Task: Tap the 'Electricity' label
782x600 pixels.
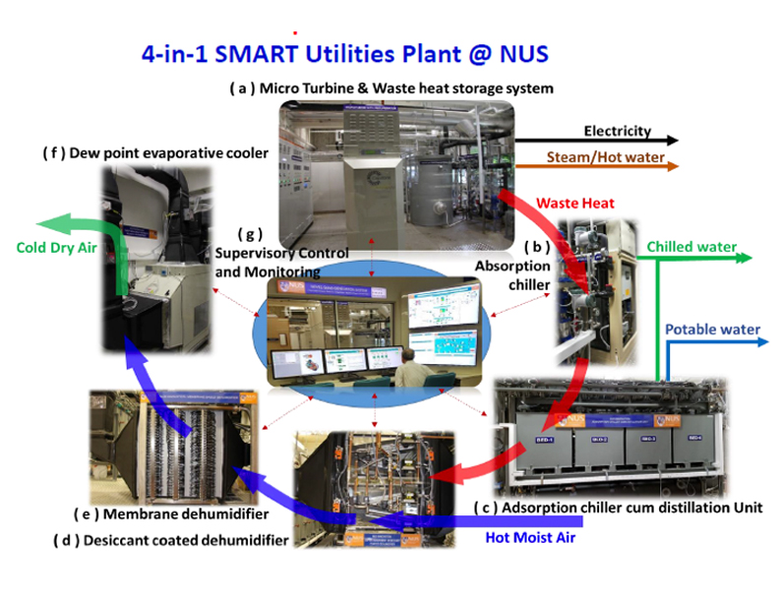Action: pyautogui.click(x=617, y=131)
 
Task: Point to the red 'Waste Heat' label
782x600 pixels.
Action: pyautogui.click(x=575, y=204)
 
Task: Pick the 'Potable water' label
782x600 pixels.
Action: pyautogui.click(x=713, y=330)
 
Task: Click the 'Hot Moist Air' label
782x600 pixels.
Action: pyautogui.click(x=530, y=537)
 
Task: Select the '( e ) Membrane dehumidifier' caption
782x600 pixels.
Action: pyautogui.click(x=171, y=514)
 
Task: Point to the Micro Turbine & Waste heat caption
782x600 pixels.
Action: pyautogui.click(x=391, y=88)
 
